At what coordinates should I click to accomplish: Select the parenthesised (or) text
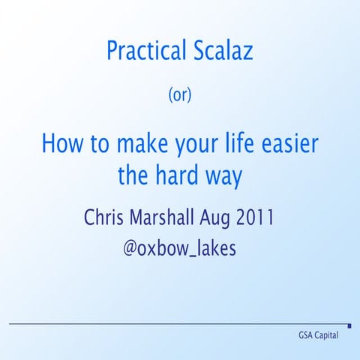coord(180,96)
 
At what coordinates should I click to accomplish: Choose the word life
coord(237,142)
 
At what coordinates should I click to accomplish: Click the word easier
coord(291,142)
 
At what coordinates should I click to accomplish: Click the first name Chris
coord(105,217)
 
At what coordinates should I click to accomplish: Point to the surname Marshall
coord(161,217)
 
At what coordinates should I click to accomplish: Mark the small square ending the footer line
coord(349,325)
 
